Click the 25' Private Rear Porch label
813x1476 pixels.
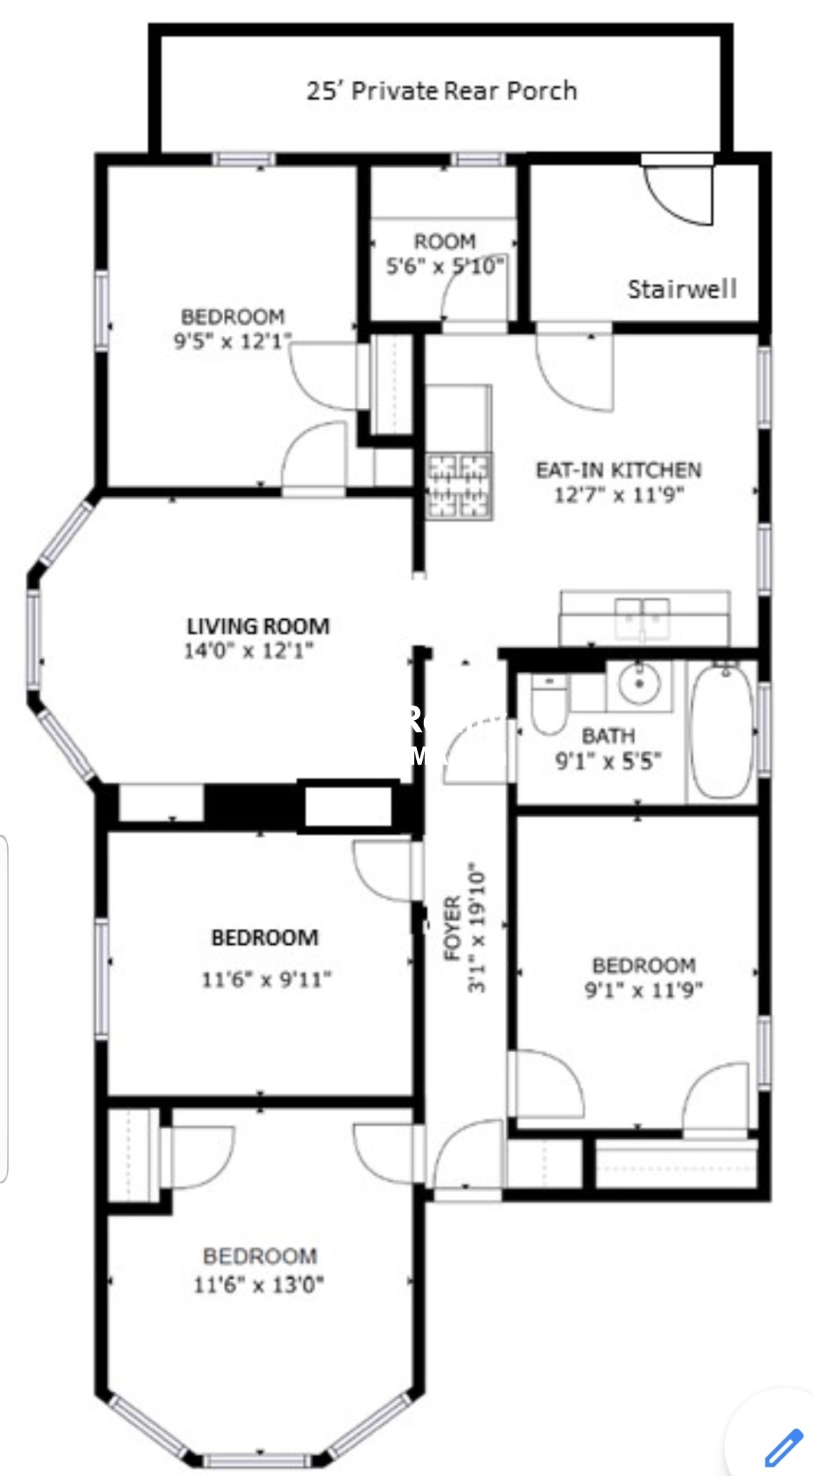[441, 91]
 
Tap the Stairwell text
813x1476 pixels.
[681, 289]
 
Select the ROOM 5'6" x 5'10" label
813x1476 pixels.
[444, 253]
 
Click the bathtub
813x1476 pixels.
[722, 731]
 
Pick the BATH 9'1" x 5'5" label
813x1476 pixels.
[608, 748]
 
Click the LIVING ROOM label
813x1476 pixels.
[258, 626]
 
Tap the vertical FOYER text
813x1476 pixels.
[453, 929]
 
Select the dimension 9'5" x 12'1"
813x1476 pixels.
[233, 340]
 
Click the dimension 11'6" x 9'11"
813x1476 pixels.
[266, 979]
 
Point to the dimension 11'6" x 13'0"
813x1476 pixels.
[259, 1284]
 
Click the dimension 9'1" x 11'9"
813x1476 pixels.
[643, 990]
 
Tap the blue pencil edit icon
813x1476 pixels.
[782, 1446]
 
